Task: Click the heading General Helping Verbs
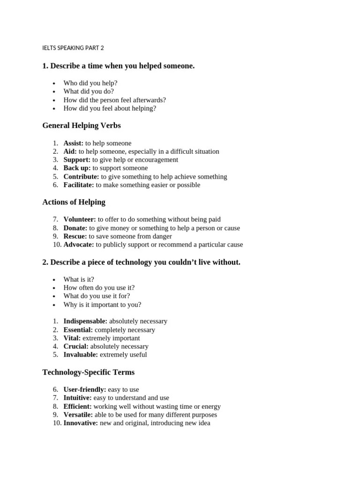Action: tap(81, 125)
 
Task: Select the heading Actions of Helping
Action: tap(74, 202)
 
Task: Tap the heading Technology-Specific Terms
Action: tap(88, 372)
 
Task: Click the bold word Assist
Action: tap(73, 143)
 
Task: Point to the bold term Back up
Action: tap(77, 168)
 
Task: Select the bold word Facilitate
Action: tap(79, 185)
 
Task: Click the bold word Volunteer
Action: tap(80, 219)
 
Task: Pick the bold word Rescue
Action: tap(75, 236)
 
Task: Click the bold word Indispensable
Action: tap(85, 321)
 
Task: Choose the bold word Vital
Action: tap(72, 338)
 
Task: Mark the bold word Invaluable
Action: tap(81, 354)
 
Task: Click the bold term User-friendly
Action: tap(85, 389)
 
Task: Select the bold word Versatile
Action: tap(78, 414)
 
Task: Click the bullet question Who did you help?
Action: tap(90, 83)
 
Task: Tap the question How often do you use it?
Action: tap(99, 287)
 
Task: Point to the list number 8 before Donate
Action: tap(55, 228)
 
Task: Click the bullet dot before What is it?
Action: tap(54, 280)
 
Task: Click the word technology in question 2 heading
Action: tap(128, 262)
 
